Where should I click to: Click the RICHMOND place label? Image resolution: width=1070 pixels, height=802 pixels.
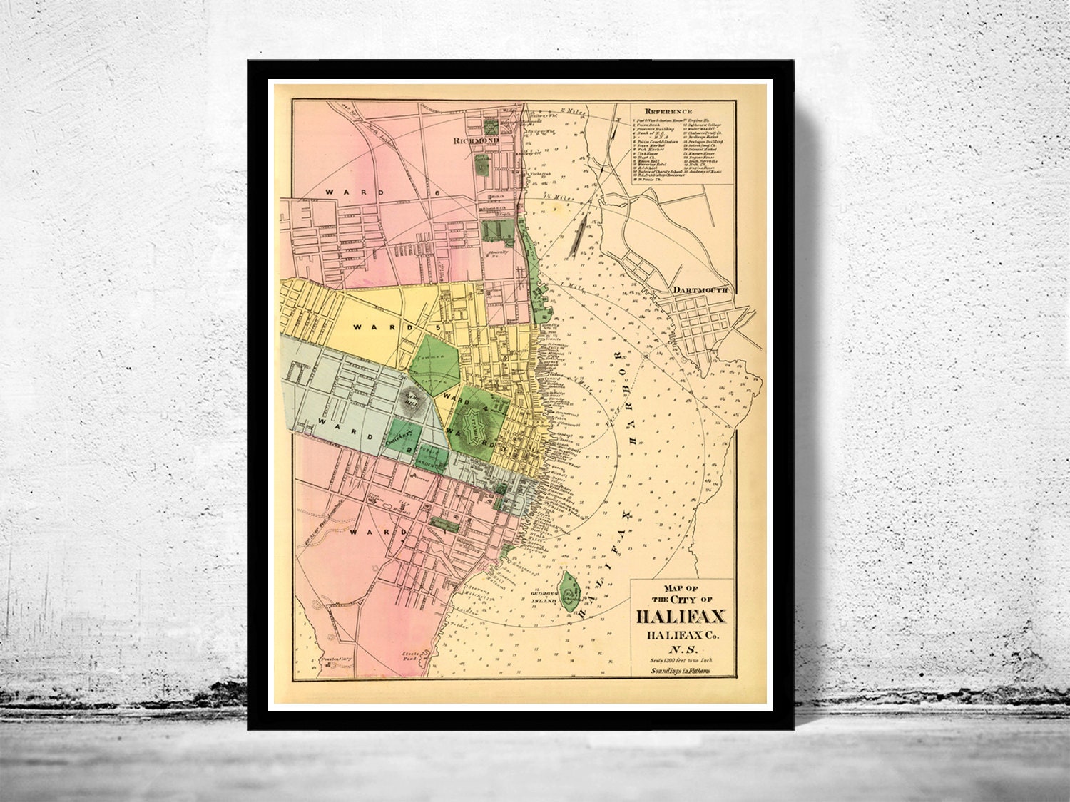tap(474, 141)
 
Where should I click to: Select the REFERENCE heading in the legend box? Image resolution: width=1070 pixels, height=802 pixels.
tap(668, 112)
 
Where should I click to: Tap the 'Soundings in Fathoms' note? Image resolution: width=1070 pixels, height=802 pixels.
tap(681, 671)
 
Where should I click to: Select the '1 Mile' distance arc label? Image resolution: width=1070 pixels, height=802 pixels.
tap(569, 286)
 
